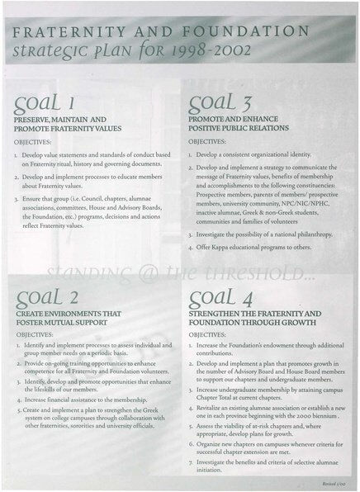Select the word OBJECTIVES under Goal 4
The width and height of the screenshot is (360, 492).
[x=213, y=336]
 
